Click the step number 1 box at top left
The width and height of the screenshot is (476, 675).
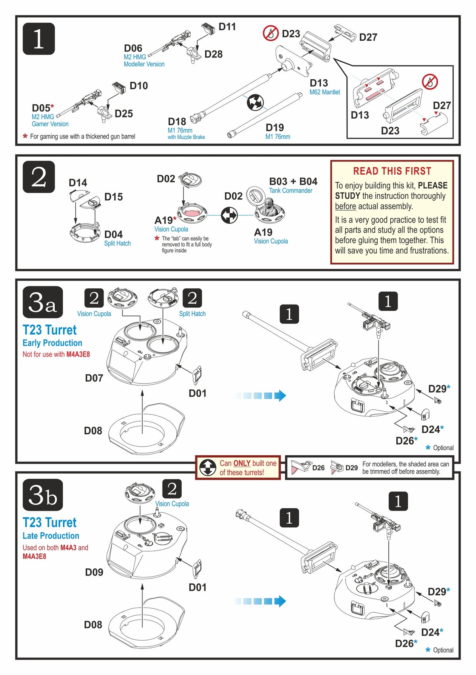pyautogui.click(x=38, y=39)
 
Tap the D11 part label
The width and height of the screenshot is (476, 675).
pyautogui.click(x=227, y=27)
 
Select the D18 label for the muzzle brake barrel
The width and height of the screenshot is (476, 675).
pyautogui.click(x=177, y=121)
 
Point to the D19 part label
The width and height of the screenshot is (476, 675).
pyautogui.click(x=274, y=127)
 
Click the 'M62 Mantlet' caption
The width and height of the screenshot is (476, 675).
pyautogui.click(x=324, y=92)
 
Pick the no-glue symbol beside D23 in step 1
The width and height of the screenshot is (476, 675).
pyautogui.click(x=271, y=33)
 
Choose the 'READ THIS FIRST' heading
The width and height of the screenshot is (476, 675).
pyautogui.click(x=392, y=171)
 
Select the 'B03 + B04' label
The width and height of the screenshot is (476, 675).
pyautogui.click(x=293, y=181)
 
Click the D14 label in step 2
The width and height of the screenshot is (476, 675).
pyautogui.click(x=78, y=182)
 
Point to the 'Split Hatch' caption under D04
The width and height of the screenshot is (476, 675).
pyautogui.click(x=117, y=243)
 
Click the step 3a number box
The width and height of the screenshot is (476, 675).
pyautogui.click(x=42, y=302)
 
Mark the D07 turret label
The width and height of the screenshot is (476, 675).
pyautogui.click(x=94, y=378)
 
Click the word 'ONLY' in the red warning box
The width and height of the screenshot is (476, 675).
pyautogui.click(x=242, y=463)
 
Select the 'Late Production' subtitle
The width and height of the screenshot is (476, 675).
pyautogui.click(x=51, y=535)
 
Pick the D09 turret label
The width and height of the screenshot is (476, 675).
pyautogui.click(x=94, y=572)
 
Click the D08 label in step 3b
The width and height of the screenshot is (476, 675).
pyautogui.click(x=93, y=625)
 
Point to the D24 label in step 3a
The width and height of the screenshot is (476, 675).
pyautogui.click(x=431, y=429)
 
